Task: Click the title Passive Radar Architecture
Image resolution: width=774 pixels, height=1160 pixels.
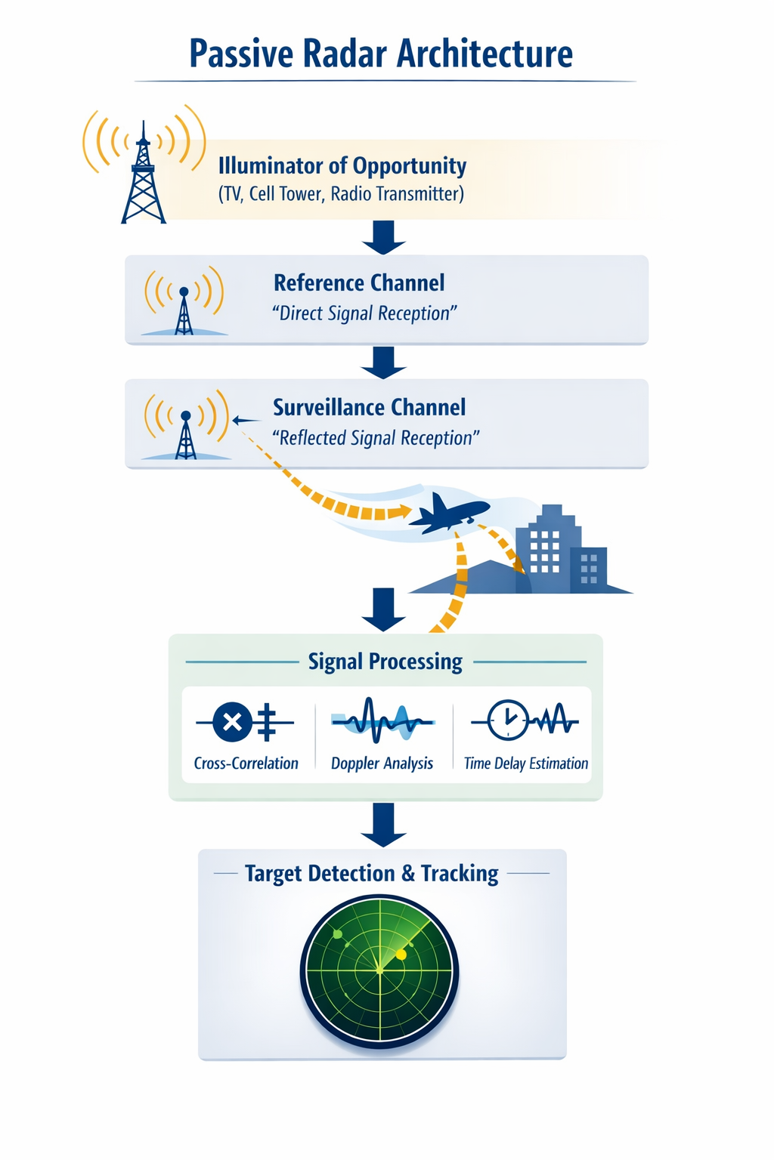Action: (x=381, y=54)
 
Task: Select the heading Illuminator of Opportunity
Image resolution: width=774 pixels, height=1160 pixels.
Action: (x=342, y=165)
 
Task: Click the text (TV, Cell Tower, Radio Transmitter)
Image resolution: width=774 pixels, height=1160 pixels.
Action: (x=341, y=194)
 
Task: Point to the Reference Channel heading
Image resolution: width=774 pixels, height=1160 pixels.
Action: (x=359, y=283)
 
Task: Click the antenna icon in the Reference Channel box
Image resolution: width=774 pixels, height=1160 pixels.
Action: (x=184, y=307)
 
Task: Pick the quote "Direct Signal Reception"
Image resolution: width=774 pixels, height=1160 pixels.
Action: (x=364, y=313)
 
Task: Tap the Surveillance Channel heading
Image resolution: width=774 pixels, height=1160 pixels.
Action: (x=369, y=408)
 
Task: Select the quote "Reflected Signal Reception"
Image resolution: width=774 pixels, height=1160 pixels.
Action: (x=376, y=438)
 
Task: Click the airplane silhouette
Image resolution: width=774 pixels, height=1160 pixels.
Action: (x=449, y=513)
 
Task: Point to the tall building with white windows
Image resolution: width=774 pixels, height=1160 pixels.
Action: (x=547, y=548)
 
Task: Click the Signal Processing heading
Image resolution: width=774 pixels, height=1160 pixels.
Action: (x=385, y=662)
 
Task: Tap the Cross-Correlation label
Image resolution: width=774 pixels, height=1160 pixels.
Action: (x=246, y=764)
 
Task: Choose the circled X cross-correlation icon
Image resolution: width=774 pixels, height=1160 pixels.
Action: (x=233, y=722)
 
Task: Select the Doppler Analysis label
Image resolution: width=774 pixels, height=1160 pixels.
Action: (x=382, y=764)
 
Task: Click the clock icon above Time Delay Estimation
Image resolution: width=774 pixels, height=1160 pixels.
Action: (x=507, y=720)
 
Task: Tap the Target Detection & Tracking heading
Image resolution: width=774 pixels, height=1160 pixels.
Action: (x=371, y=874)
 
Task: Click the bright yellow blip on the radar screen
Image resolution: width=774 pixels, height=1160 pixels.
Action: (x=401, y=955)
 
